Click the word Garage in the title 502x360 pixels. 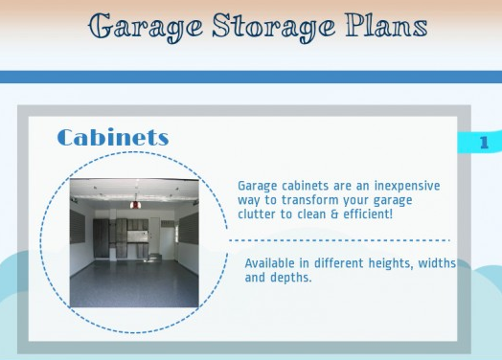(134, 26)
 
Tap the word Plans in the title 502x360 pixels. (376, 26)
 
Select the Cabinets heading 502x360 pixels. (112, 138)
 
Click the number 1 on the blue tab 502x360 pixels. (484, 143)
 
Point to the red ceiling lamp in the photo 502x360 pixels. (136, 203)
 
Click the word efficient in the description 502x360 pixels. (363, 215)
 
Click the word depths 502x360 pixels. (290, 278)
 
